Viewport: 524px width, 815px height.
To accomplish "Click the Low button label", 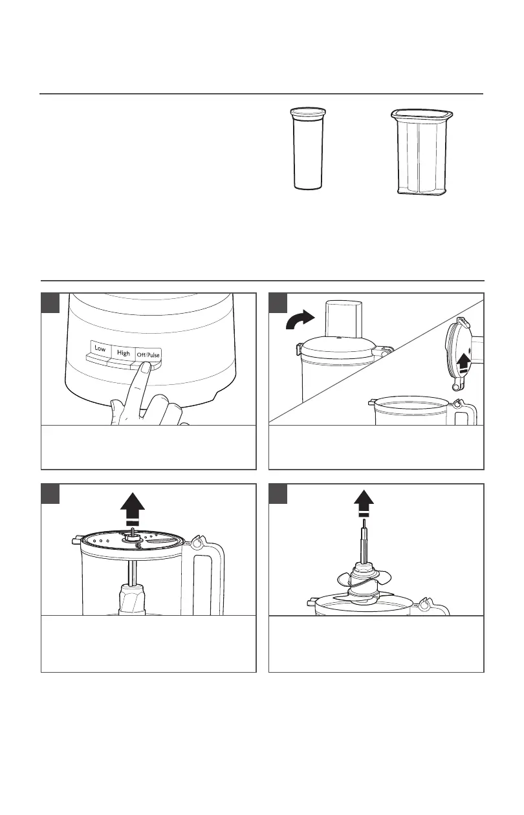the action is tap(100, 348).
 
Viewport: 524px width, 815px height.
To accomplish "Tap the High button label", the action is tap(124, 353).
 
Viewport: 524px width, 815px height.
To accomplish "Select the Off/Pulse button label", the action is tap(148, 354).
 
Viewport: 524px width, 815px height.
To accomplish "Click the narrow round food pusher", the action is tap(307, 148).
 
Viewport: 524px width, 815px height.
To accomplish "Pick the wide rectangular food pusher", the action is tap(422, 152).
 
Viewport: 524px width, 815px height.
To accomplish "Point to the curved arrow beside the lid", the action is tap(300, 320).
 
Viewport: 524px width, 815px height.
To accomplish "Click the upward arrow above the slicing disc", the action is tap(133, 508).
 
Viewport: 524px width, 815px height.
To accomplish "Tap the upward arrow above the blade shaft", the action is tap(364, 503).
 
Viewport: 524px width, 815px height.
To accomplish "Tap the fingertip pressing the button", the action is tap(146, 367).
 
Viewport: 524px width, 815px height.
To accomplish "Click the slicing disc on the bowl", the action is tap(131, 543).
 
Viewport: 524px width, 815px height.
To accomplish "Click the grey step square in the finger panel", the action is tap(50, 303).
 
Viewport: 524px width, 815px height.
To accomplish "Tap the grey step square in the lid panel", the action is tap(278, 303).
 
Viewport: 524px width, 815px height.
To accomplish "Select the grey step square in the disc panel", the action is tap(50, 494).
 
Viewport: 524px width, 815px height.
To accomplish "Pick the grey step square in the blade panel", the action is tap(278, 494).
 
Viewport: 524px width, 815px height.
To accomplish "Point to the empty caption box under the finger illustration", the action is tap(149, 447).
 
